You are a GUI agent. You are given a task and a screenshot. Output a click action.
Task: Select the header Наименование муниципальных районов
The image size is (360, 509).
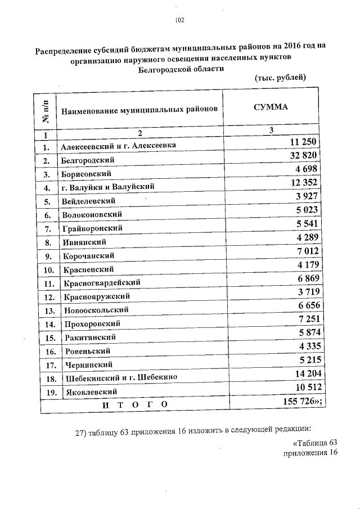point(139,110)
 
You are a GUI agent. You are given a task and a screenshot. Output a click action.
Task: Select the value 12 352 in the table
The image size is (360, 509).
point(304,183)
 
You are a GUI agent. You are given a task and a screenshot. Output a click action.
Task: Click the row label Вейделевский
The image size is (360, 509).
point(89,201)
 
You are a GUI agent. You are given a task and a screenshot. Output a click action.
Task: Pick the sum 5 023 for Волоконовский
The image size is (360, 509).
point(307,210)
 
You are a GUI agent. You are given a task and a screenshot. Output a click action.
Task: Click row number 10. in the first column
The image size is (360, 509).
point(48,269)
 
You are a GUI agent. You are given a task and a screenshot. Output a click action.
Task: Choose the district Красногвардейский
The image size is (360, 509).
point(102,282)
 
